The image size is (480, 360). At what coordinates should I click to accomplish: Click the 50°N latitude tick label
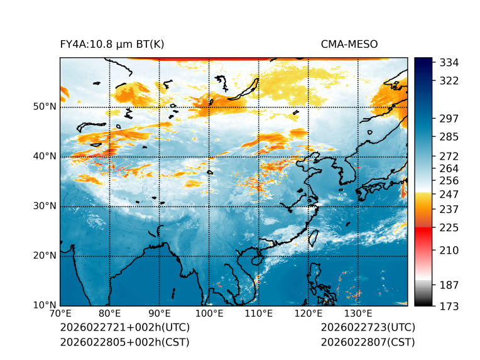(x=45, y=107)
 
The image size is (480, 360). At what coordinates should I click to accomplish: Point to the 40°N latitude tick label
(x=45, y=156)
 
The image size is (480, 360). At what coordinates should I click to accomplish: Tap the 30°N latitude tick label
(x=45, y=206)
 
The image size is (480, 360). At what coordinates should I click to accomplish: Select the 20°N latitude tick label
(x=45, y=256)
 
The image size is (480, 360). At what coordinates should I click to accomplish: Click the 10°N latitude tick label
(x=45, y=305)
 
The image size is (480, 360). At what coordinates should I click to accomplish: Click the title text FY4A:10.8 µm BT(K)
(x=112, y=44)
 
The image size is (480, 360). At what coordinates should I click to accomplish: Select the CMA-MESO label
(x=349, y=44)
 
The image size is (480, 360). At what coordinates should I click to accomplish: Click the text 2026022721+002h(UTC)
(x=124, y=328)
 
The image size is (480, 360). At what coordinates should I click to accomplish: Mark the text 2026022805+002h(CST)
(x=124, y=342)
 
